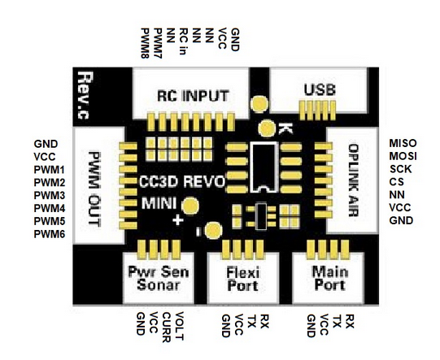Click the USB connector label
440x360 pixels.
click(x=320, y=90)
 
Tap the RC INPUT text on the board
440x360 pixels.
click(x=193, y=96)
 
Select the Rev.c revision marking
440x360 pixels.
click(x=85, y=95)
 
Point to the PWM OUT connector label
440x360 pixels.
click(x=94, y=189)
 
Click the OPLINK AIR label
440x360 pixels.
click(x=353, y=180)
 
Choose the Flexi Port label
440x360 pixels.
click(x=242, y=280)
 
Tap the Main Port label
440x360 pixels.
click(x=329, y=279)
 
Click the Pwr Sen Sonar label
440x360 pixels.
click(x=159, y=278)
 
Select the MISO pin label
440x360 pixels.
click(x=403, y=143)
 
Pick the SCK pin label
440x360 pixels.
click(x=400, y=169)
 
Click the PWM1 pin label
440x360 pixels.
click(x=50, y=170)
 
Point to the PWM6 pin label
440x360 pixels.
click(x=50, y=234)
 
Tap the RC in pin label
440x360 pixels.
click(x=184, y=41)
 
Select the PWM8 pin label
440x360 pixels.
click(x=145, y=43)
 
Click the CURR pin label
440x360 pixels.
click(x=167, y=327)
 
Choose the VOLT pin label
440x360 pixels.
click(x=179, y=326)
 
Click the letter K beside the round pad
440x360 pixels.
click(x=285, y=128)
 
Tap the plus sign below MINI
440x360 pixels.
click(x=177, y=220)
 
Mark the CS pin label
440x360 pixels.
click(x=397, y=182)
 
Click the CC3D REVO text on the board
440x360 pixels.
click(x=182, y=182)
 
